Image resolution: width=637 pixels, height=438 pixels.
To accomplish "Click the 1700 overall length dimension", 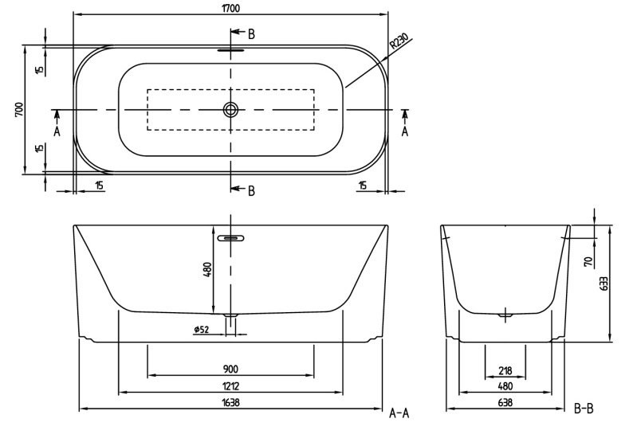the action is (230, 8).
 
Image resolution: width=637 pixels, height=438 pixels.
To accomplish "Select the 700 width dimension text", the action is (19, 110).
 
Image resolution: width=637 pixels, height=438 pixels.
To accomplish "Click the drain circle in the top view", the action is (230, 109).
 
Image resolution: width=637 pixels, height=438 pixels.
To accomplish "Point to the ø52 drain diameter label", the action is (201, 329).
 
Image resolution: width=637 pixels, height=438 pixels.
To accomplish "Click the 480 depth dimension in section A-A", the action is (207, 269).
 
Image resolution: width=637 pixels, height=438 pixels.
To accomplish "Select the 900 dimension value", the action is (230, 369).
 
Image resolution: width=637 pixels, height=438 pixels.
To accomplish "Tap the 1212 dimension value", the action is (230, 385).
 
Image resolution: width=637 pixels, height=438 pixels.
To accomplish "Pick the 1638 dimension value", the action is (230, 402).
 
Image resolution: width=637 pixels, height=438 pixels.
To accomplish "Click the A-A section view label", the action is (399, 413).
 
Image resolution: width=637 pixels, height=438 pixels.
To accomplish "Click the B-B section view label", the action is (584, 409).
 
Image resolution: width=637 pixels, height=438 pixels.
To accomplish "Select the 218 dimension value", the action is (505, 370).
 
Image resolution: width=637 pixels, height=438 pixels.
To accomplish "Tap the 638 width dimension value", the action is (505, 402).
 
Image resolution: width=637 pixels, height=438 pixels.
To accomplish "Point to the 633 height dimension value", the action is (604, 284).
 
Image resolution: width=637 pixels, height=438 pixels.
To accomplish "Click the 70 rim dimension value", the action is (588, 261).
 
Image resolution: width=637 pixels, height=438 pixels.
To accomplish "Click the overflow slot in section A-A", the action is (230, 238).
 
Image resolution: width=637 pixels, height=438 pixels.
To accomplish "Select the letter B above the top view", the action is (251, 34).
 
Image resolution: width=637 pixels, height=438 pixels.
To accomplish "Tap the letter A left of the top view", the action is (57, 131).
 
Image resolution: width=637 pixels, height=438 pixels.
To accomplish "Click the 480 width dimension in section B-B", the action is (505, 386).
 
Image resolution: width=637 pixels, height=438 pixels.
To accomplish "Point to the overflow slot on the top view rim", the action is (230, 50).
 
